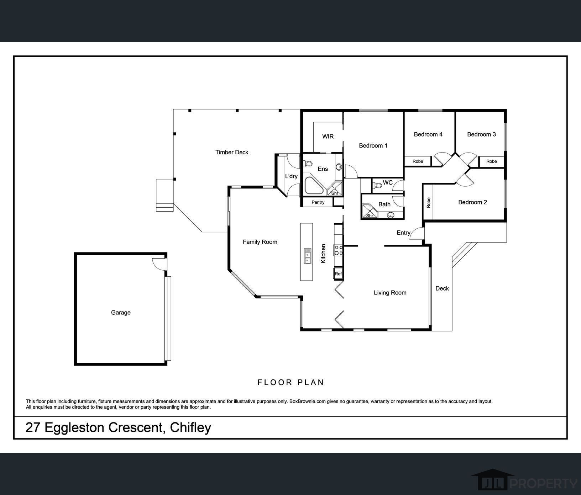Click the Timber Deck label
(x=232, y=152)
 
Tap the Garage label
(x=121, y=313)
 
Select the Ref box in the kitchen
(x=338, y=273)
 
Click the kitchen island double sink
(x=307, y=256)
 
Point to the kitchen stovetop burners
(x=338, y=250)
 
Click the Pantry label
(x=318, y=202)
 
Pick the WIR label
(x=328, y=137)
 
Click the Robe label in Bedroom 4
(x=418, y=161)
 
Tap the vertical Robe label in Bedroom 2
(x=429, y=202)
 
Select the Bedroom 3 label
(x=481, y=134)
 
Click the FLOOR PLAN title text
(x=291, y=382)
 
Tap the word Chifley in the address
(x=190, y=427)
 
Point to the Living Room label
(x=390, y=293)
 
